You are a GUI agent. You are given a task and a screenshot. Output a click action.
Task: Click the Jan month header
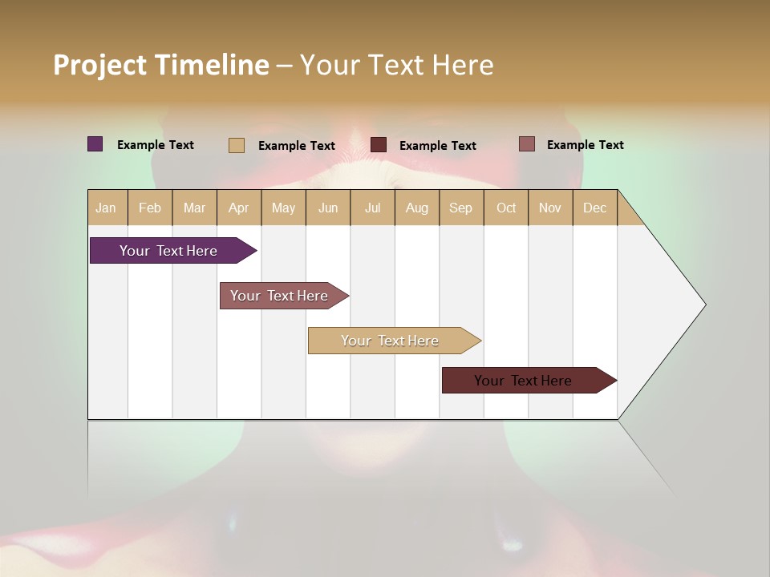[106, 208]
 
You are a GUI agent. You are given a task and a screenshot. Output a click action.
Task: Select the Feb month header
[150, 208]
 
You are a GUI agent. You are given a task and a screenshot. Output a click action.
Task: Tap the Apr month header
[238, 208]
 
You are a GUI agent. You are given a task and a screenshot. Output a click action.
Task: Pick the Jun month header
[328, 208]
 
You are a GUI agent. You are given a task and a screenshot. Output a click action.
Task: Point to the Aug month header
[416, 208]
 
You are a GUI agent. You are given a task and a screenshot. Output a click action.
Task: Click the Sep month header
[460, 208]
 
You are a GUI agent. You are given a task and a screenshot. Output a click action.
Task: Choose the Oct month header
[506, 208]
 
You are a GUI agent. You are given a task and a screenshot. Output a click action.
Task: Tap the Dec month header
[594, 208]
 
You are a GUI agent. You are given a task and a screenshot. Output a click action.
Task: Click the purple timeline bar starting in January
[168, 251]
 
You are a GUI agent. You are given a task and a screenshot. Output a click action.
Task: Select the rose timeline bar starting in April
[279, 296]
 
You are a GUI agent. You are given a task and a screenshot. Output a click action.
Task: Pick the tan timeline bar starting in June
[390, 341]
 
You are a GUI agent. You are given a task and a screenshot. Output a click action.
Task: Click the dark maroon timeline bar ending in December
[523, 381]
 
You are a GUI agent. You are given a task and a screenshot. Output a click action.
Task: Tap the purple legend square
[95, 144]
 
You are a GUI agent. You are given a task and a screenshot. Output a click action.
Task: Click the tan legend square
[237, 145]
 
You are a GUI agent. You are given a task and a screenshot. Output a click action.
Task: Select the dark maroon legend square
[379, 145]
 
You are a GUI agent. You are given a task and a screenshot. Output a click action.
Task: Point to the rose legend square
[527, 144]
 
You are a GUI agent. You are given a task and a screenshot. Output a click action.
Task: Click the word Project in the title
[99, 66]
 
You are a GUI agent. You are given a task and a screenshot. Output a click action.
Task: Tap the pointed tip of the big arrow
[704, 305]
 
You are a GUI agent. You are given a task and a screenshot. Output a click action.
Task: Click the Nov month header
[549, 208]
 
